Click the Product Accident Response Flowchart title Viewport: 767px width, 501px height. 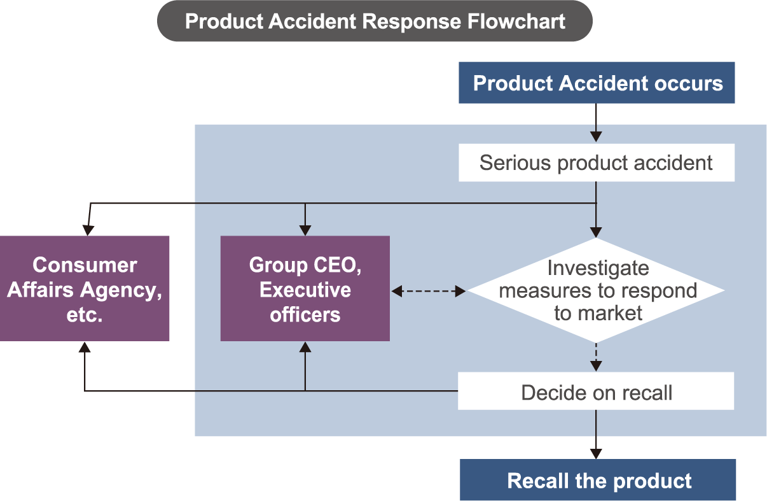(x=375, y=21)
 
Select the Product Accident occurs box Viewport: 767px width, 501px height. (x=597, y=83)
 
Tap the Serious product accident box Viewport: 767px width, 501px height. (x=596, y=163)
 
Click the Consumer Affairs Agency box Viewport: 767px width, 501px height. (x=85, y=288)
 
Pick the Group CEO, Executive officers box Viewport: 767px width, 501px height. (x=305, y=288)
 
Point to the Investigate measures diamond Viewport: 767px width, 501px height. (x=596, y=290)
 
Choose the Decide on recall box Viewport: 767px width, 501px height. (x=596, y=392)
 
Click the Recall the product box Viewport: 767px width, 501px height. (x=598, y=480)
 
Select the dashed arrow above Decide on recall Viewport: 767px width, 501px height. (x=596, y=357)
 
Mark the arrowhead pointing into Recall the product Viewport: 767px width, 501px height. (x=596, y=453)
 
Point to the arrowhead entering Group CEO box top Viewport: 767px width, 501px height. (x=305, y=230)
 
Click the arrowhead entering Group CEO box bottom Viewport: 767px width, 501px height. (x=305, y=347)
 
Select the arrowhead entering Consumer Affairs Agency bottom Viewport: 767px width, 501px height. (x=85, y=347)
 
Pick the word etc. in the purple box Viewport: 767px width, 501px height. (x=85, y=314)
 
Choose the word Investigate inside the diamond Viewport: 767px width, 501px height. (x=598, y=268)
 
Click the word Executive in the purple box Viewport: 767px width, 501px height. (x=305, y=290)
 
